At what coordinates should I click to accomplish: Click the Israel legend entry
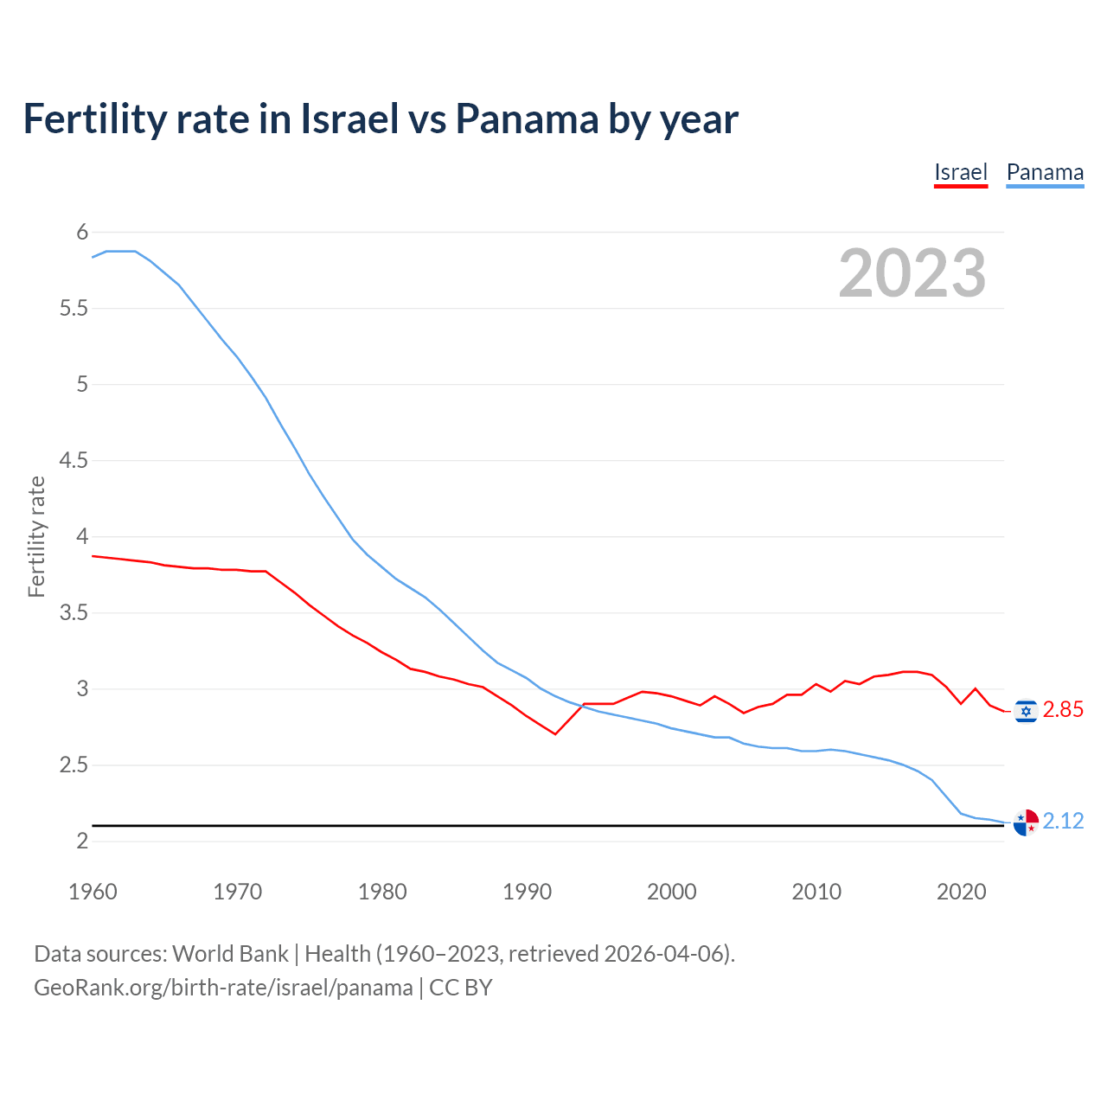[x=961, y=172]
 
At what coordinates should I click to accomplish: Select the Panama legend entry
[x=1045, y=172]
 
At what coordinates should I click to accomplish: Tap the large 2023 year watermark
[x=912, y=273]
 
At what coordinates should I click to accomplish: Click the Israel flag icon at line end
[x=1026, y=711]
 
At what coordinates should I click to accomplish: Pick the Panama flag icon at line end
[x=1026, y=822]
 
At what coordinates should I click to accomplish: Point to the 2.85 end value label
[x=1063, y=710]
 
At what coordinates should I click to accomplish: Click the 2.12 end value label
[x=1063, y=822]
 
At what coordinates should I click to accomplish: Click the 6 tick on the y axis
[x=83, y=232]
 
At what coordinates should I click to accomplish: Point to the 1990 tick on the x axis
[x=527, y=893]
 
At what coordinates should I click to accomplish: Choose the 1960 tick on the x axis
[x=93, y=893]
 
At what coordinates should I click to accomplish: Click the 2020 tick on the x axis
[x=961, y=893]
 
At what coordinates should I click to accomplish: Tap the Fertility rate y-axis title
[x=36, y=536]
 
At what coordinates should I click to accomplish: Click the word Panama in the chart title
[x=527, y=119]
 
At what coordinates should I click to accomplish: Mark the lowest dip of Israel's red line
[x=555, y=734]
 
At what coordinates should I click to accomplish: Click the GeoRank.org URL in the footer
[x=223, y=988]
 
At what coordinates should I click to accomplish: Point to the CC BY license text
[x=461, y=988]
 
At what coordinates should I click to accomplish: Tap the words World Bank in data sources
[x=230, y=954]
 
